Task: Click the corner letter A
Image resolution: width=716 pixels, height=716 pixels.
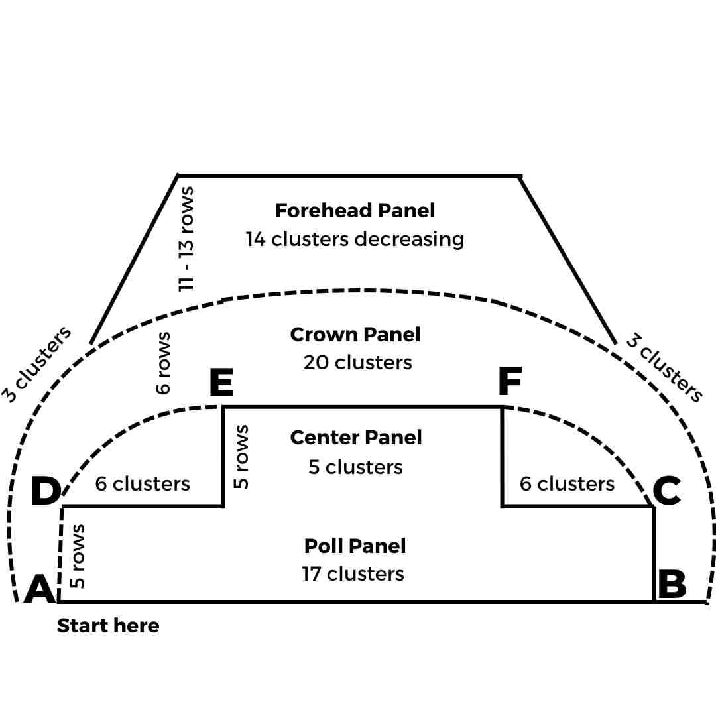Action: [x=39, y=589]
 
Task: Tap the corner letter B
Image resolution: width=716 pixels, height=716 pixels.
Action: [x=672, y=585]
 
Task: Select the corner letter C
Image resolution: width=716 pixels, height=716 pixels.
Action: [x=666, y=491]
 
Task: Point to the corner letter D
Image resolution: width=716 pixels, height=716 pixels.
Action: [x=45, y=491]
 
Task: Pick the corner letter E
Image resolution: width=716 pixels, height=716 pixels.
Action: [x=221, y=383]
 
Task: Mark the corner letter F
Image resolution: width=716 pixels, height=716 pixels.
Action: [x=510, y=381]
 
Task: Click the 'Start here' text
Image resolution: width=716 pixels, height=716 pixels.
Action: [x=108, y=626]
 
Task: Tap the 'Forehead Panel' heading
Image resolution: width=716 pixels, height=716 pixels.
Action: [x=355, y=211]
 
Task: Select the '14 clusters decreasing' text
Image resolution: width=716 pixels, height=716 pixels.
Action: [x=355, y=239]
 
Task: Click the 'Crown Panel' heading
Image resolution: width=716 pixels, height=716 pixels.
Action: [x=355, y=334]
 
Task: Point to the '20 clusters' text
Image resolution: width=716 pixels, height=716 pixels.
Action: [x=357, y=363]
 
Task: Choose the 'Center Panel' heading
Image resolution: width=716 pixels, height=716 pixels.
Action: [x=356, y=438]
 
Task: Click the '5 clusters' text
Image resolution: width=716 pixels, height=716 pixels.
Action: [x=355, y=467]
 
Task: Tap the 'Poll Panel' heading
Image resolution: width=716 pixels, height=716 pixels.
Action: [x=355, y=546]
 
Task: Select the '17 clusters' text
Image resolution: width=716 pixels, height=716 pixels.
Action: [x=353, y=573]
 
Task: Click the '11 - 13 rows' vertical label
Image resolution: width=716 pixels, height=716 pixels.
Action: [x=187, y=238]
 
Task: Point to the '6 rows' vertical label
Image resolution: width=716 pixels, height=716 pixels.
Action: [x=163, y=363]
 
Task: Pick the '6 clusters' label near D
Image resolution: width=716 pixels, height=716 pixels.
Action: [x=143, y=484]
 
